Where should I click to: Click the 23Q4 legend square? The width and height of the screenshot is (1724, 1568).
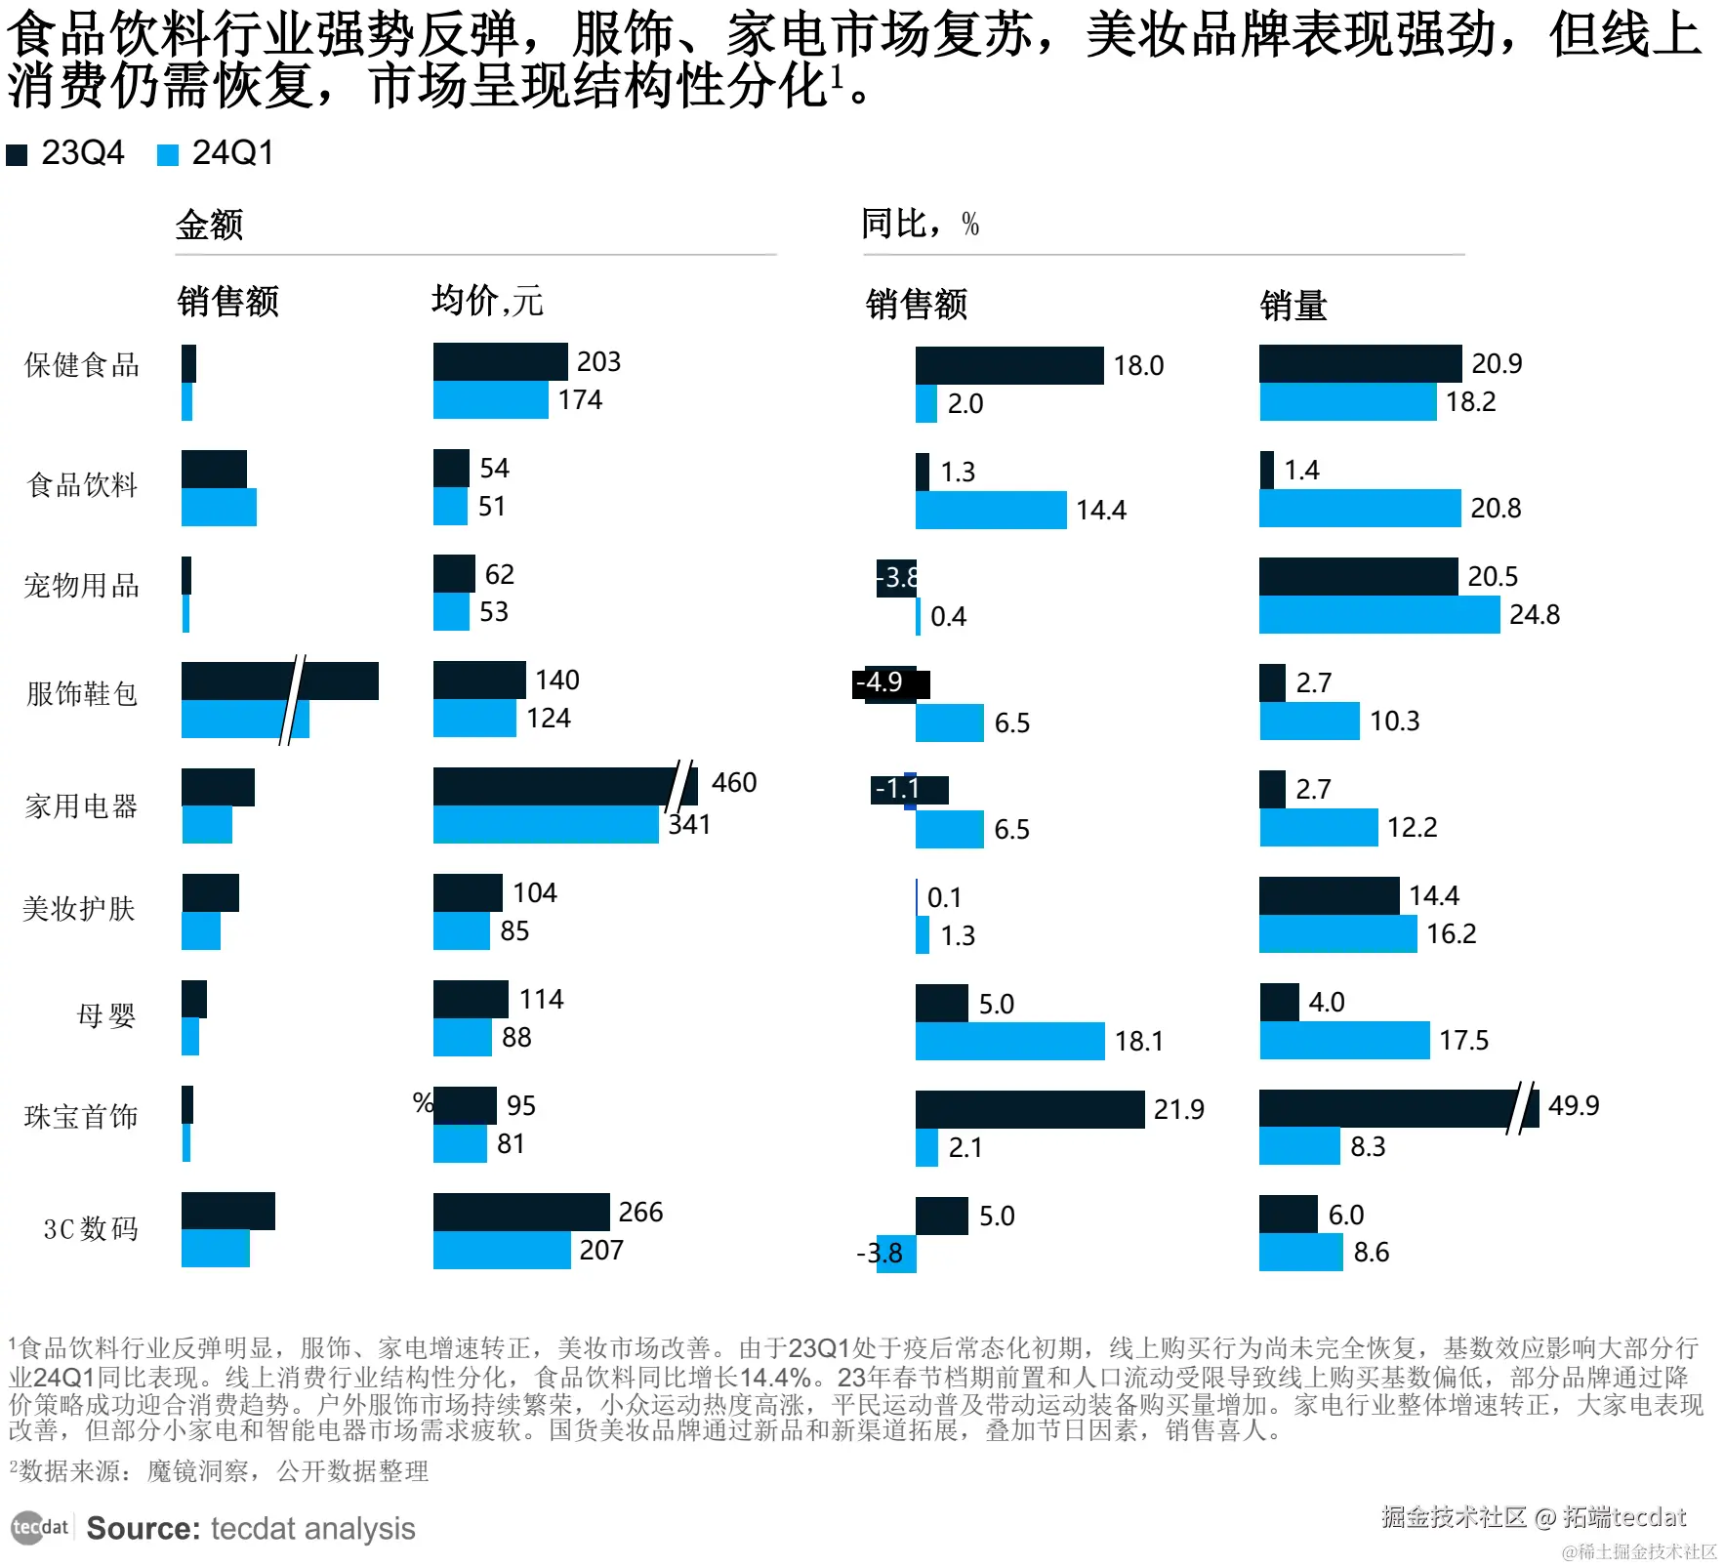[17, 154]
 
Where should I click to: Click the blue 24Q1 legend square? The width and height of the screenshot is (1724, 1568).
[168, 154]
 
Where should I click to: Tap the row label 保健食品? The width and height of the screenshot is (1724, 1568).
[82, 365]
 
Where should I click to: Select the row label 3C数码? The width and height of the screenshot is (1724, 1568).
[91, 1228]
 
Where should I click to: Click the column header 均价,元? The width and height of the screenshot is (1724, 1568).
[486, 301]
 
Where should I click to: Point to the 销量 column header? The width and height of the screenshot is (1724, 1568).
[1293, 306]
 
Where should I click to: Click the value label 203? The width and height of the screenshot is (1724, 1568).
[598, 361]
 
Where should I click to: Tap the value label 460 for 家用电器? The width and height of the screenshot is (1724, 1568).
[734, 782]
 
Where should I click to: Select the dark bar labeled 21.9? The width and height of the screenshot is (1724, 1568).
[1029, 1109]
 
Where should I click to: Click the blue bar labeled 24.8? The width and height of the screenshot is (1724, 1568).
[1378, 614]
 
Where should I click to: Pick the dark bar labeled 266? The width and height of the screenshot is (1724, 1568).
[520, 1212]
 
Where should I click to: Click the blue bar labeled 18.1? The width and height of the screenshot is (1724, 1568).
[1009, 1041]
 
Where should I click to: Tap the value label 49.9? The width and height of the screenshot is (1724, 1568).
[1574, 1105]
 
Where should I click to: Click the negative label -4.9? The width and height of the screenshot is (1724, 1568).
[881, 681]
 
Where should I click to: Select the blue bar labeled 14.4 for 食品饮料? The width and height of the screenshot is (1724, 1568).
[990, 510]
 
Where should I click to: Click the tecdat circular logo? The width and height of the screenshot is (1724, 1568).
[28, 1527]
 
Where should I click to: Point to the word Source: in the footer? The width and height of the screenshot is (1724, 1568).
[143, 1528]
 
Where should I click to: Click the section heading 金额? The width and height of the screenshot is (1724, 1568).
[209, 225]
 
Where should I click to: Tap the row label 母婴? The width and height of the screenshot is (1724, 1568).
[105, 1015]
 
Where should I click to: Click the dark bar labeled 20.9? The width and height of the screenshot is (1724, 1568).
[1359, 363]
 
